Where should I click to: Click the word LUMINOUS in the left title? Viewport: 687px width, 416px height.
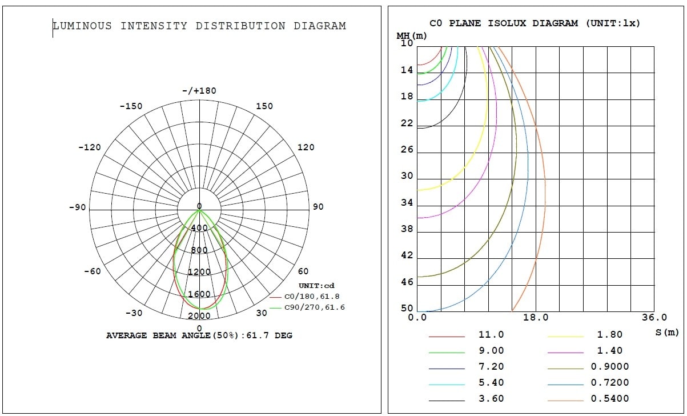[x=82, y=26]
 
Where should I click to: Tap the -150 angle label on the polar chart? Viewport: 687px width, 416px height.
[x=131, y=106]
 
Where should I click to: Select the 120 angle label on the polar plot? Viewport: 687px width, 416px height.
[x=306, y=147]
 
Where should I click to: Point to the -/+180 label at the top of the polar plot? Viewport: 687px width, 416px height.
[x=199, y=91]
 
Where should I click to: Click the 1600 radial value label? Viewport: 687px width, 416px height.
[x=199, y=294]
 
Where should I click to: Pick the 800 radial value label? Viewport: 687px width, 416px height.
[x=199, y=250]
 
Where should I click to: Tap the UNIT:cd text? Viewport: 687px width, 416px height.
[x=316, y=286]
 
